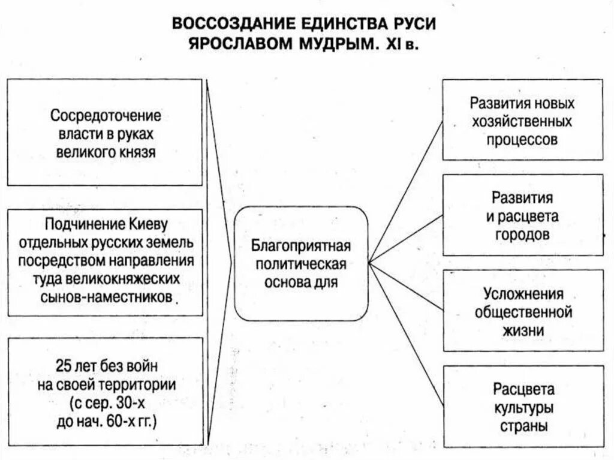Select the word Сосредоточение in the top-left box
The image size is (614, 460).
[x=105, y=115]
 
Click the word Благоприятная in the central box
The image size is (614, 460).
[x=300, y=246]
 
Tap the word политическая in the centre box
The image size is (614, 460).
[x=300, y=264]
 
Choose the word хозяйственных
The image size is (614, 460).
[x=523, y=121]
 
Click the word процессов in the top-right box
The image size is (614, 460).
[x=523, y=140]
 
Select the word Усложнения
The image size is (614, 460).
[x=523, y=294]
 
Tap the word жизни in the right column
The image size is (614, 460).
[x=523, y=330]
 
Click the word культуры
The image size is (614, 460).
[x=523, y=408]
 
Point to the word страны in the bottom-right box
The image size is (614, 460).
[x=523, y=427]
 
